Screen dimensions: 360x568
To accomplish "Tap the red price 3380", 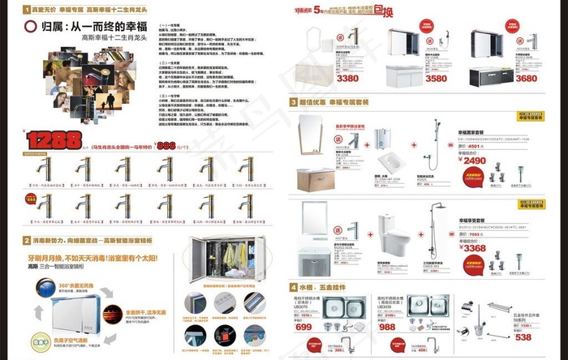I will click(x=347, y=79).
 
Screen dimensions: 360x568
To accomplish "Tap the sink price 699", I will click(x=303, y=327).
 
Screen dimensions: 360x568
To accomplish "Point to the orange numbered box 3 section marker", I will click(x=292, y=103).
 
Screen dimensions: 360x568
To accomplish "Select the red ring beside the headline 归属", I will click(x=30, y=26).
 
